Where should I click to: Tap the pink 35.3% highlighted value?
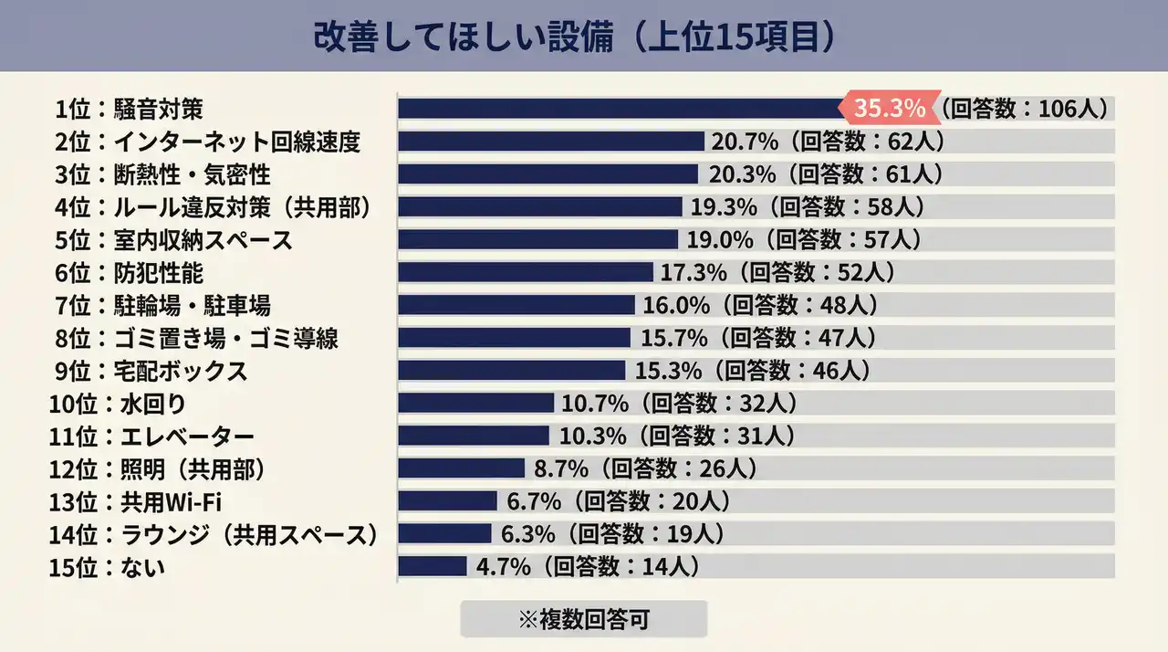point(890,109)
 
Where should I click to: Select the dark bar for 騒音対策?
point(620,109)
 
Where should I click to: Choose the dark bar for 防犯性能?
point(526,272)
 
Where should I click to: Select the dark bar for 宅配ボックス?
point(511,371)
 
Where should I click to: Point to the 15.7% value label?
point(674,338)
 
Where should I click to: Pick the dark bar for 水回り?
point(475,403)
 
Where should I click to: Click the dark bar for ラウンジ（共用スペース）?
point(446,534)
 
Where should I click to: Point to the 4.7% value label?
point(504,567)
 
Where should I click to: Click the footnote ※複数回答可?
point(583,619)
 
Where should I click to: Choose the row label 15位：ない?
point(108,568)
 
